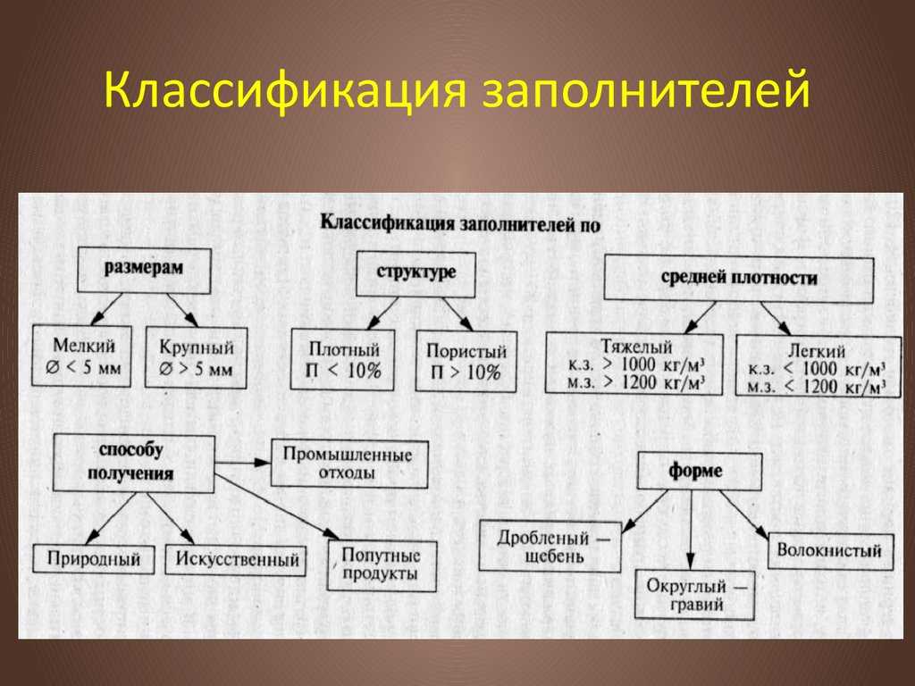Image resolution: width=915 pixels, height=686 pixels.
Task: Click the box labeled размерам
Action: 144,271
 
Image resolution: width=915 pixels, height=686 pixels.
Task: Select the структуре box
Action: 416,274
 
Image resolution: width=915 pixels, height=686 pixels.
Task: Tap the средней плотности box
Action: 739,279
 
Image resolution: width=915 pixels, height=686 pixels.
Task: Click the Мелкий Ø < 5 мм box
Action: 81,356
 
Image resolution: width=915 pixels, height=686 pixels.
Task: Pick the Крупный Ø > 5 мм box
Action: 196,357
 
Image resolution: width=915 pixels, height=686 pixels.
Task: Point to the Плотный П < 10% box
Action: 342,360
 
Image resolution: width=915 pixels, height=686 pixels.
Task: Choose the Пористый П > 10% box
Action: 466,362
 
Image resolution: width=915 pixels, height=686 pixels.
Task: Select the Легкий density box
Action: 818,366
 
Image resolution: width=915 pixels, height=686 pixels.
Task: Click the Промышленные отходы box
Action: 349,464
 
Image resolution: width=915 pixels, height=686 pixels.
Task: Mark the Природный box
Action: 94,559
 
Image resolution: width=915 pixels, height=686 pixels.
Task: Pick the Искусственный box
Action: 236,560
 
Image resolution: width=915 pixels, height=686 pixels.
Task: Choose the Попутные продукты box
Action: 382,565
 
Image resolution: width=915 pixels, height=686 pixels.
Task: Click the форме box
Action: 700,472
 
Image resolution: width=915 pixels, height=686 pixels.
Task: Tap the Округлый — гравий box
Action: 694,595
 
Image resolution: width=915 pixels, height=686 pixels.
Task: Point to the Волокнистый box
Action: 831,551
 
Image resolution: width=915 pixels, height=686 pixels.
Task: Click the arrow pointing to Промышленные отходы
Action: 243,463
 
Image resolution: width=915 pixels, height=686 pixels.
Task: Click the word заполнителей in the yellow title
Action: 646,90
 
